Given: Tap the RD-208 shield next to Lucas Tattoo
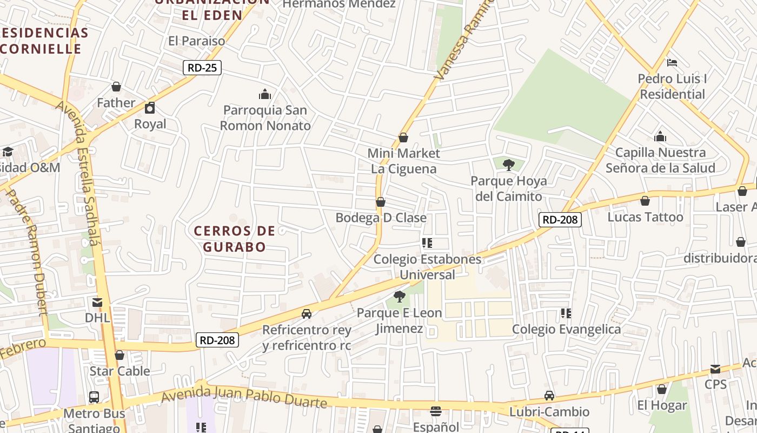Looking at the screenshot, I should coord(560,219).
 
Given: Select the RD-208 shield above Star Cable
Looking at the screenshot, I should coord(217,340).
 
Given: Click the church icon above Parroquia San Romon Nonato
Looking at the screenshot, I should coord(265,94).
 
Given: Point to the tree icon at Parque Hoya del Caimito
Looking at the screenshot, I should coord(508,165).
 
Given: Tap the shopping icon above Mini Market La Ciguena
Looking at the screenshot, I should coord(403,137).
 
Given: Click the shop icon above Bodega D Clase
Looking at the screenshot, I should coord(381,202).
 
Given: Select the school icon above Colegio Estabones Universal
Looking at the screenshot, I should coord(427,243).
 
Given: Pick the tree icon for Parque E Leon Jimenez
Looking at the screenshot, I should coord(400,297).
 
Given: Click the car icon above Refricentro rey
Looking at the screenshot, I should coord(307,314).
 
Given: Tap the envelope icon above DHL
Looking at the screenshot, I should coord(97,302).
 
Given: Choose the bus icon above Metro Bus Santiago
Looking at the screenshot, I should coord(94,397).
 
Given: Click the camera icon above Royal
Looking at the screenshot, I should coord(150,108).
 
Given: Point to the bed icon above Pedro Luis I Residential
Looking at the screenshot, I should coord(672,63).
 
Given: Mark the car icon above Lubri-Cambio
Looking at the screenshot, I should coord(549,396).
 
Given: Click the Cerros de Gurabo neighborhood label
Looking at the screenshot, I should coord(235,239).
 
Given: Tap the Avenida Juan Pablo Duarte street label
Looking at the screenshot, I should coord(244,397).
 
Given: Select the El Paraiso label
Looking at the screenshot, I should coord(196,41).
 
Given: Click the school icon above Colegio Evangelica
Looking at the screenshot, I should coord(566,313).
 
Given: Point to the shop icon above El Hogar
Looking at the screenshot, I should coord(661,389).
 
